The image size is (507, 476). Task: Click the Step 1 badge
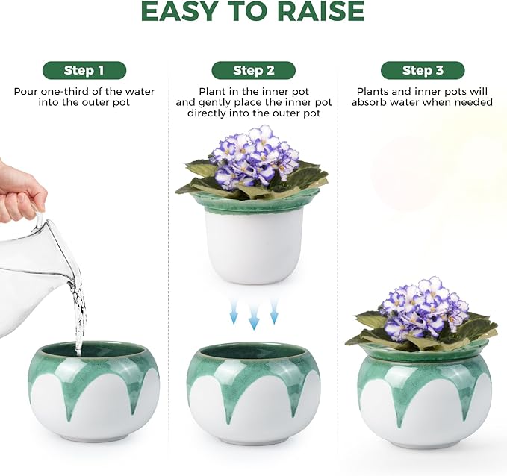pos(84,71)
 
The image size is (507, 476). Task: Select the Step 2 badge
pos(253,71)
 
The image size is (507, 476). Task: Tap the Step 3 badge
pos(422,71)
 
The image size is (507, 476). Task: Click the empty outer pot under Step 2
pos(253,392)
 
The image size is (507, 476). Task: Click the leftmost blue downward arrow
pos(234,312)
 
